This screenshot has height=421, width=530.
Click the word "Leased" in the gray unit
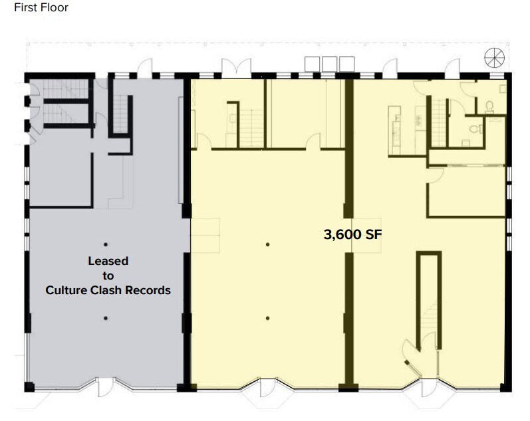tap(107, 261)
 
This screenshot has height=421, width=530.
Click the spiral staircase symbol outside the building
tap(494, 57)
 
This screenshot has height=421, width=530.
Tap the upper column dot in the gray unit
tap(105, 244)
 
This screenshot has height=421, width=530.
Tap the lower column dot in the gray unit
tap(105, 318)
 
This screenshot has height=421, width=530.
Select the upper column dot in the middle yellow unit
tap(267, 244)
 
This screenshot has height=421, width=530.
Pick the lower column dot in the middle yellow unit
tap(267, 318)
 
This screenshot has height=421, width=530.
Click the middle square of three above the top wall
tap(329, 63)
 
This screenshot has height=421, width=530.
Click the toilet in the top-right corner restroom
tap(489, 106)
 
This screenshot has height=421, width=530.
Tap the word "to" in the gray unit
tap(107, 276)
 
